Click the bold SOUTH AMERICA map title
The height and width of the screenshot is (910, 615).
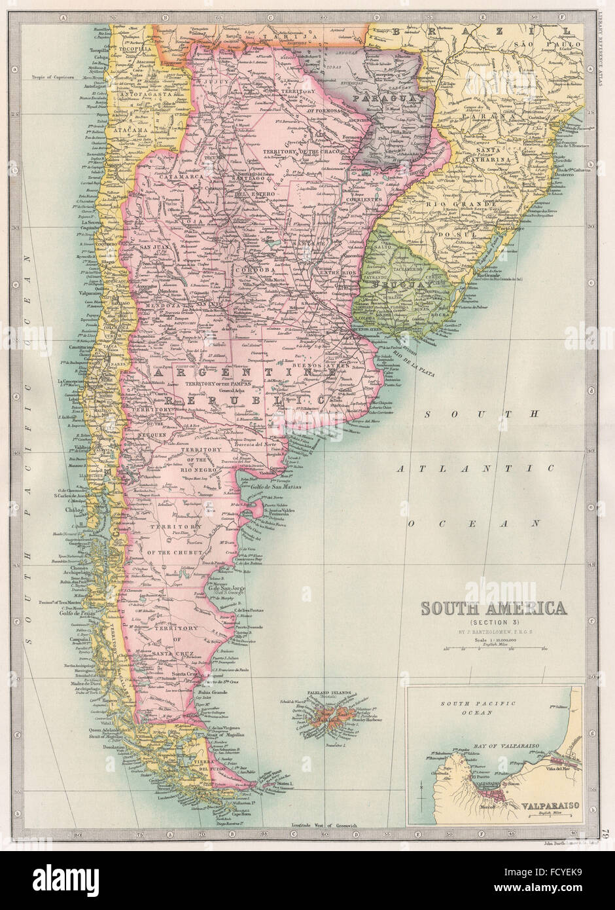click(493, 608)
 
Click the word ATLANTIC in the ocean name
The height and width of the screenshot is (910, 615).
click(474, 468)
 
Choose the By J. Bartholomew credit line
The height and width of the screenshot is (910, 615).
click(493, 632)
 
